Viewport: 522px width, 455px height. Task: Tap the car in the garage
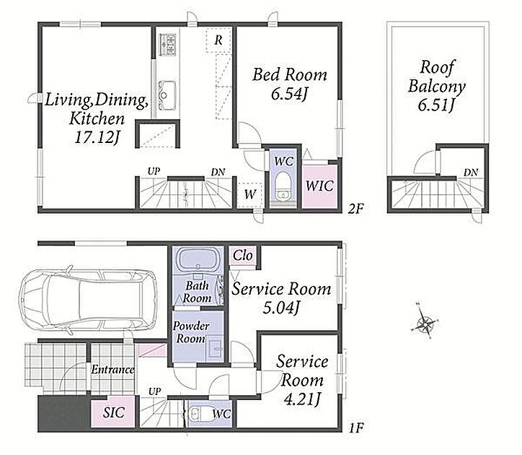[x=88, y=299]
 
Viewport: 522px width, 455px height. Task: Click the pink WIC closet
[x=319, y=186]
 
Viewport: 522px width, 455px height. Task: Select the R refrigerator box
[x=218, y=40]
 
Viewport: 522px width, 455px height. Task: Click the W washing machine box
[x=249, y=194]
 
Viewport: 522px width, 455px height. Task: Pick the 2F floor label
[x=355, y=209]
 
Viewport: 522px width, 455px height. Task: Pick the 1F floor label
[x=356, y=428]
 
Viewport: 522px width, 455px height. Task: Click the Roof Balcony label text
[x=436, y=77]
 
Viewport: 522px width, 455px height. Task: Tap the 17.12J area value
[x=97, y=136]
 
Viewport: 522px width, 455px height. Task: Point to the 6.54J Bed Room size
[x=288, y=93]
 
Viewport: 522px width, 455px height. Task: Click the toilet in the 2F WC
[x=283, y=186]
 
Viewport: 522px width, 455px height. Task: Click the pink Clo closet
[x=242, y=256]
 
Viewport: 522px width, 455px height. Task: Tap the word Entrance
[x=112, y=369]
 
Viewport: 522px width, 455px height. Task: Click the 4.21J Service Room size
[x=301, y=399]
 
